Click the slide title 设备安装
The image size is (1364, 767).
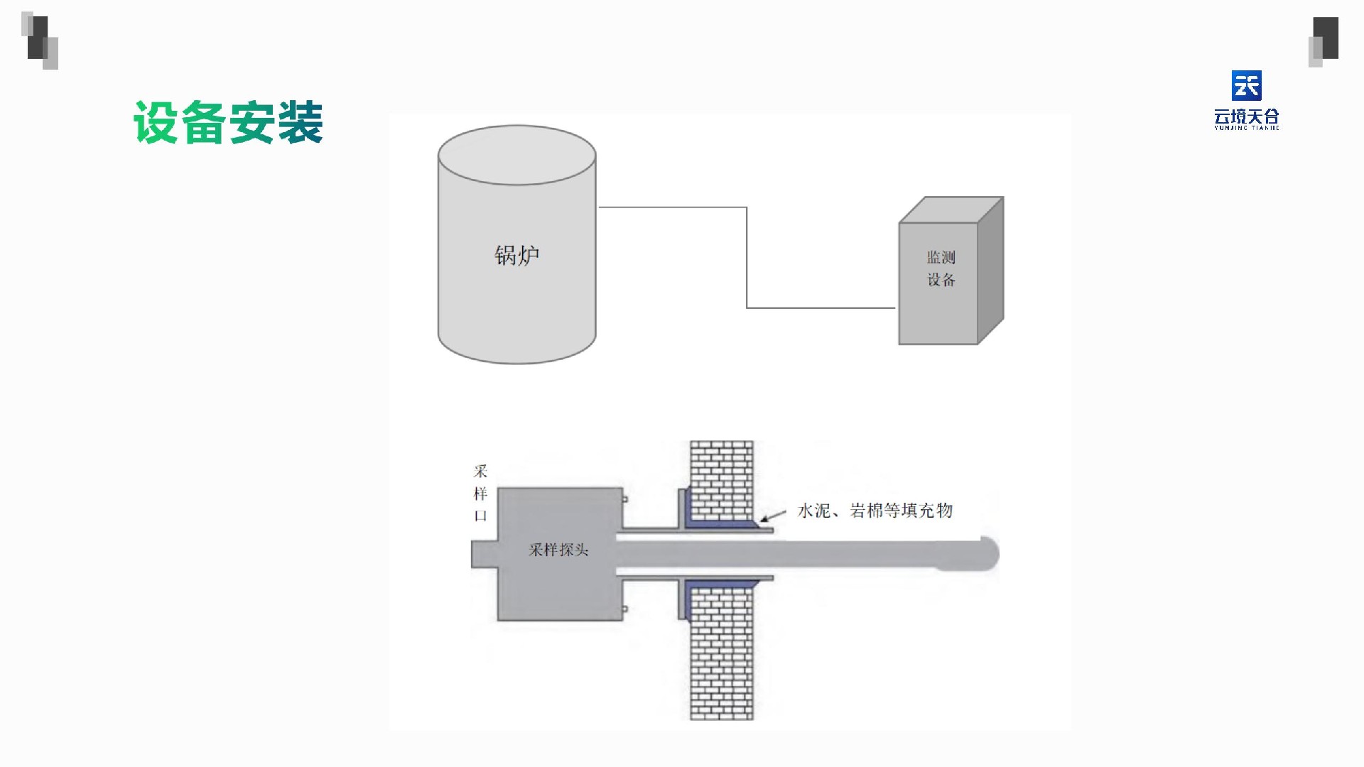(x=228, y=123)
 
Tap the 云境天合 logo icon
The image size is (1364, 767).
(x=1246, y=86)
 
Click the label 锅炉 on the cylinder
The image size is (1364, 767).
(x=517, y=255)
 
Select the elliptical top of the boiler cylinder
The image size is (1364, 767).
(x=516, y=156)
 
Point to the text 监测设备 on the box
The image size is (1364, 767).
(x=941, y=268)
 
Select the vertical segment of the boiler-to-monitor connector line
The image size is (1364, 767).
(x=747, y=258)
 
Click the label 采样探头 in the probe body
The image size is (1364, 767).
(x=558, y=550)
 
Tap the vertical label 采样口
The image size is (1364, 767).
(x=481, y=493)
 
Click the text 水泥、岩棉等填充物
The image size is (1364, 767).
(x=875, y=511)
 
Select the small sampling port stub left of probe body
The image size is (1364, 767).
(x=484, y=554)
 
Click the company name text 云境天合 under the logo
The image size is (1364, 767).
(x=1246, y=118)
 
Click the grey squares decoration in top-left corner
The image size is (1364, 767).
(x=40, y=40)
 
